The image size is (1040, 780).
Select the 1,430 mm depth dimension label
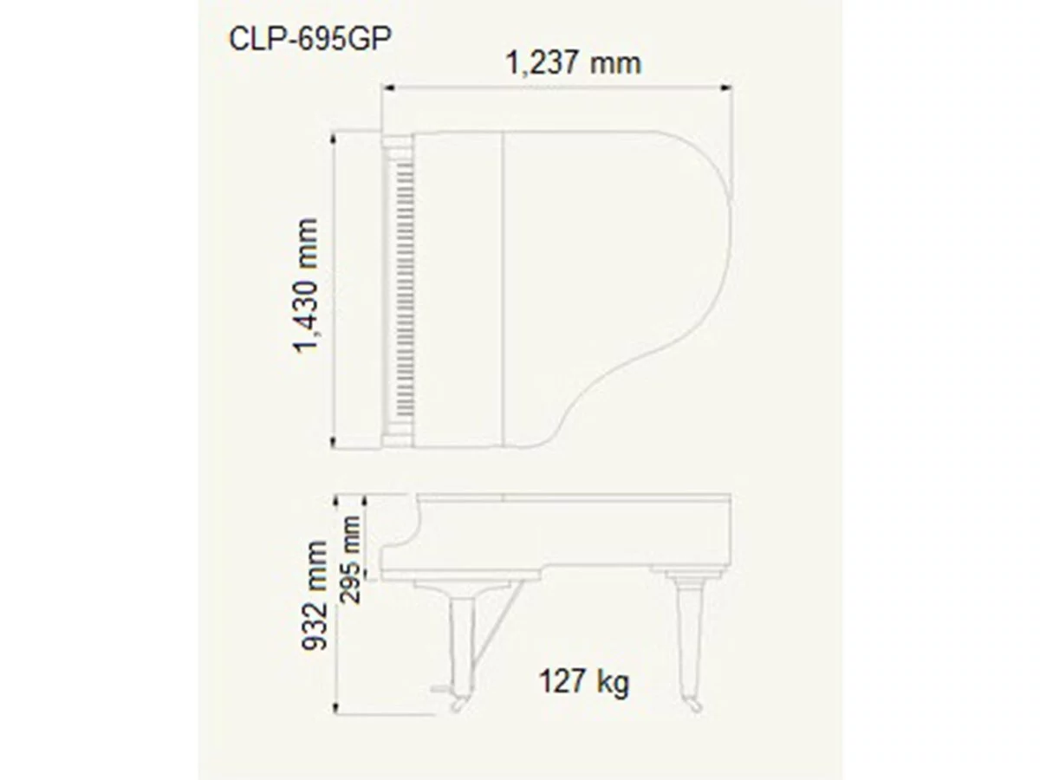tap(307, 286)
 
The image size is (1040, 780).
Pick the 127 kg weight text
tap(583, 681)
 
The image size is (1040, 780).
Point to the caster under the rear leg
tap(692, 704)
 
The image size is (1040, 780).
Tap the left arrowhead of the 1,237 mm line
tap(387, 86)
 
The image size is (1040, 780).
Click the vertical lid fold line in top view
tap(504, 290)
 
